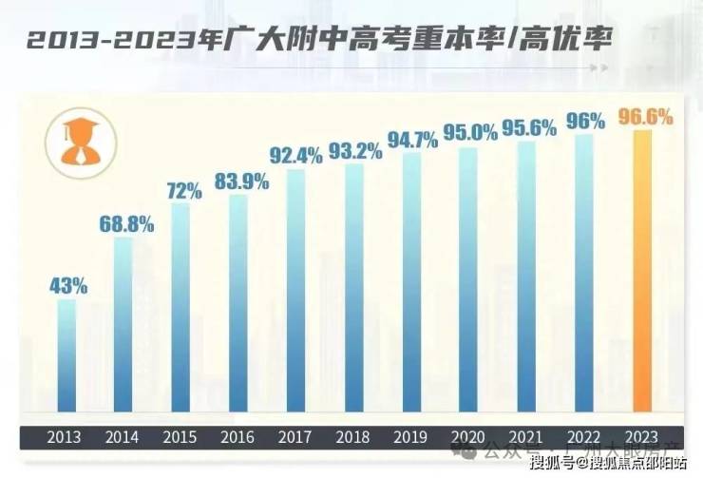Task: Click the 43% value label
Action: [68, 285]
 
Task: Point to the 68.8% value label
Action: [126, 224]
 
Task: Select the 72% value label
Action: [183, 189]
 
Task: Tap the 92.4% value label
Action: [297, 155]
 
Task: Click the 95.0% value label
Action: [470, 133]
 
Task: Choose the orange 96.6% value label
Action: [645, 117]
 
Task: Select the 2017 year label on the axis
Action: [295, 438]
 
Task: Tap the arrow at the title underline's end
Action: [598, 69]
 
